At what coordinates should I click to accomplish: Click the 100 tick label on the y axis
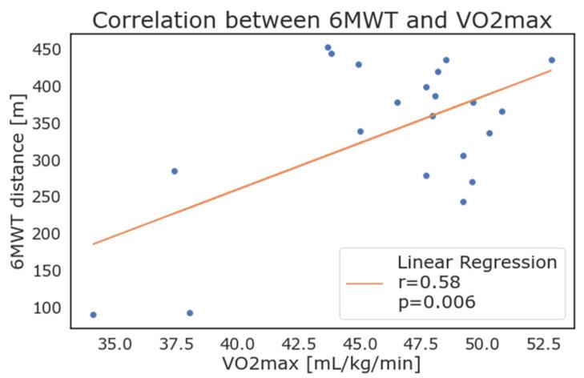(46, 308)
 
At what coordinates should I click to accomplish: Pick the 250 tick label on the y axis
(46, 197)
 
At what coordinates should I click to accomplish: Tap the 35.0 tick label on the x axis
(115, 344)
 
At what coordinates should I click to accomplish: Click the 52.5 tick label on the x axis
(544, 344)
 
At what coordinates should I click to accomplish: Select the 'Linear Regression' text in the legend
(477, 263)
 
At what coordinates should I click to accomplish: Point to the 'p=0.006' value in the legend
(437, 301)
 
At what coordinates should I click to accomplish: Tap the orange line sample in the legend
(365, 282)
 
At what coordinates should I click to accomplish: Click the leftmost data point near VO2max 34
(93, 315)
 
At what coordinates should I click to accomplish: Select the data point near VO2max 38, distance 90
(190, 313)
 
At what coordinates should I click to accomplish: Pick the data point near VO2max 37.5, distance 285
(174, 171)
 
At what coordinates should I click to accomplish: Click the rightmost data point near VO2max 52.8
(551, 60)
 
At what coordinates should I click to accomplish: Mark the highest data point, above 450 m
(328, 47)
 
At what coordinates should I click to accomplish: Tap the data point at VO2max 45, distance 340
(360, 131)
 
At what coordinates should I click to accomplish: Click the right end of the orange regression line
(551, 70)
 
